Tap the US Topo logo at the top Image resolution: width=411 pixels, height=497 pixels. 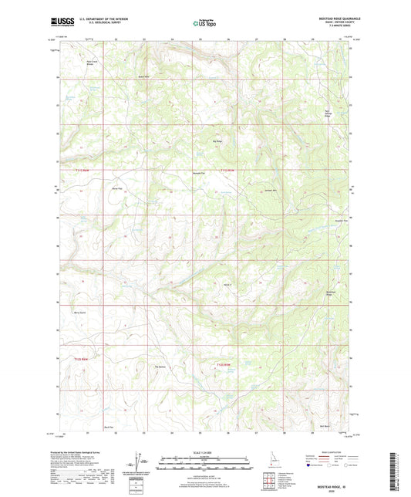point(204,25)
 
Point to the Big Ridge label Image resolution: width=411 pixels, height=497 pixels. point(217,141)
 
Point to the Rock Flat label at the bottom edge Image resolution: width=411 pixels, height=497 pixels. point(109,426)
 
